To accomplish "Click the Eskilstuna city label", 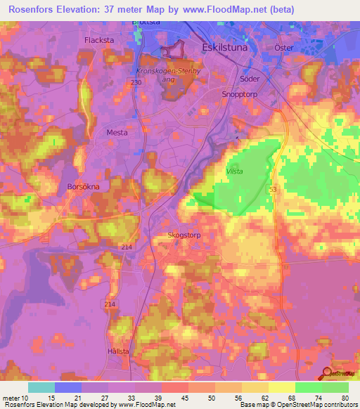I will click(224, 47).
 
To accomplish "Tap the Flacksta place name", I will click(99, 40).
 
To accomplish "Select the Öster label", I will click(283, 47).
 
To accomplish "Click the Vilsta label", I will click(236, 171).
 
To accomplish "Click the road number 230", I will click(136, 83).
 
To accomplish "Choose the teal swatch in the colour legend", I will click(41, 387).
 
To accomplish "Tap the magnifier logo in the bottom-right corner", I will click(328, 373).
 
